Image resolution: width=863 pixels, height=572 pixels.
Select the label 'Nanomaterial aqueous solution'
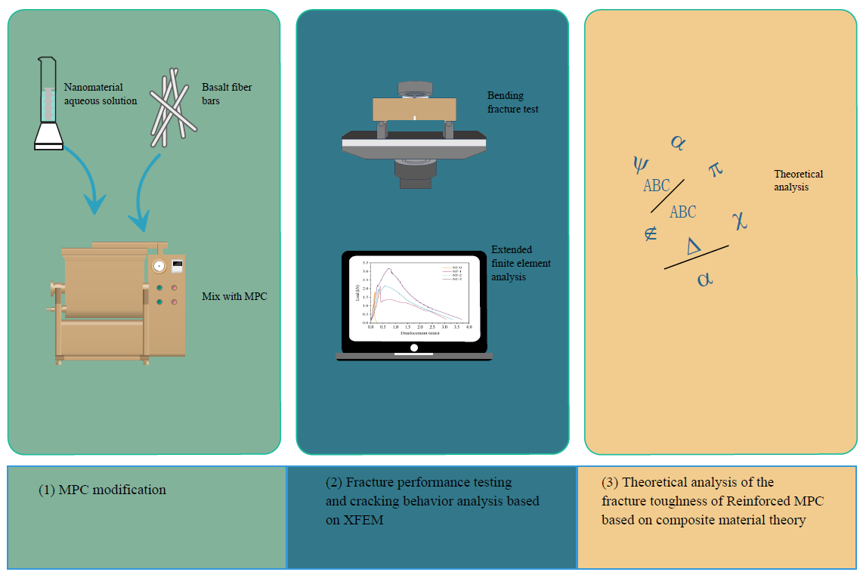(101, 94)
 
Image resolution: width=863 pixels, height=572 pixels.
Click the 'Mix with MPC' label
(234, 296)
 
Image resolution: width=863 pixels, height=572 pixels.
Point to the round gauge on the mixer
(159, 267)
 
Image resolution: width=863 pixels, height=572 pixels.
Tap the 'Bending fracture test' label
(512, 103)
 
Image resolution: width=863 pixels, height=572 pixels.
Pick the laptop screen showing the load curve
(414, 298)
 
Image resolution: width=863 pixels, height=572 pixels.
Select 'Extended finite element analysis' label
(521, 263)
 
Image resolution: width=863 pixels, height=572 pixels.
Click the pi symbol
(716, 169)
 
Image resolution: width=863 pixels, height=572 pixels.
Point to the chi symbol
(739, 221)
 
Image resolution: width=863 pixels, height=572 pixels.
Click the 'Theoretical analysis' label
(798, 180)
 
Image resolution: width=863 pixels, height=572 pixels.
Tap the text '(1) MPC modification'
(102, 490)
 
